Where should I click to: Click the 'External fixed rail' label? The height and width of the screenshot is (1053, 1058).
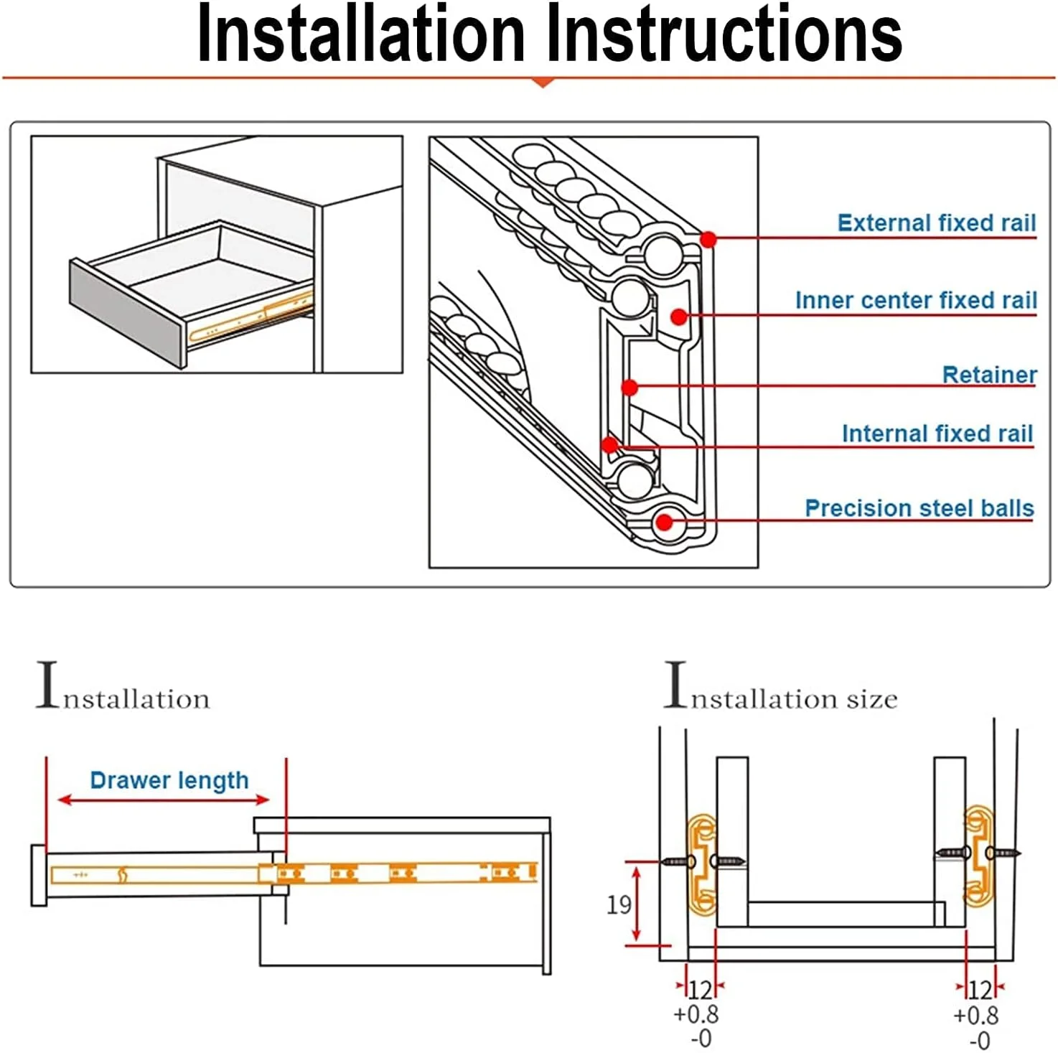(936, 223)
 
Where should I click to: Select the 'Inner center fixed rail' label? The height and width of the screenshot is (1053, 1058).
(915, 300)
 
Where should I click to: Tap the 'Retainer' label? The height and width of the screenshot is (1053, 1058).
(988, 375)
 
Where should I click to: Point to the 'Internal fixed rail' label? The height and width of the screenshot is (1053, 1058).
(937, 434)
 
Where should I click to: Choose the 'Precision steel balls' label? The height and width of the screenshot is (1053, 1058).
(919, 508)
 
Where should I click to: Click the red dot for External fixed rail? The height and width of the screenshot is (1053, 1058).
(708, 239)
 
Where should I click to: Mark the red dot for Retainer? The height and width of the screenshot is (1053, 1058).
(629, 388)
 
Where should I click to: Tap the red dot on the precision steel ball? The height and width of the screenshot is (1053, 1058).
(665, 522)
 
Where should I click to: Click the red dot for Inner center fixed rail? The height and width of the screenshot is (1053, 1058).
(678, 316)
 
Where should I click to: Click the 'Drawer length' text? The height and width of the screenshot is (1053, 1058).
(169, 780)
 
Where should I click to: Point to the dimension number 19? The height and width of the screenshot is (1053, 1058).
(619, 904)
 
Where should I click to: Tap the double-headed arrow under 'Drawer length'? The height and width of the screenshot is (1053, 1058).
(164, 800)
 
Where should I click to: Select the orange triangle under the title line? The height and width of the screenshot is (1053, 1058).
(543, 83)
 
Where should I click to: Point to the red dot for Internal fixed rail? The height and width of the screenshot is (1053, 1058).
(609, 445)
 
